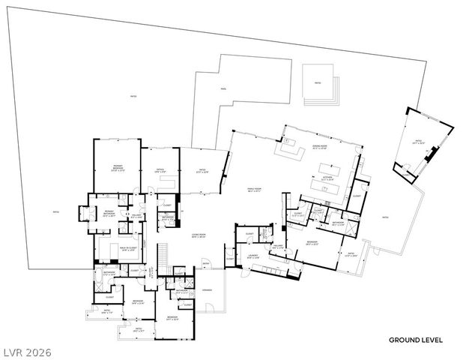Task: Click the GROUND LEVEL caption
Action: pos(415,340)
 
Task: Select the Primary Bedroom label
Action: pos(118,166)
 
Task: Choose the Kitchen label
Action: pos(327,179)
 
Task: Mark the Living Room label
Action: pos(198,235)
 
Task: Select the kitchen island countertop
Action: pos(328,169)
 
